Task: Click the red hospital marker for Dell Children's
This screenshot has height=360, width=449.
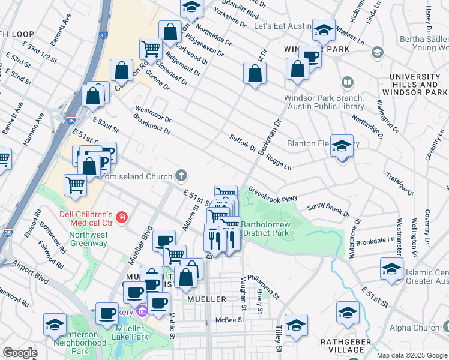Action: point(122,217)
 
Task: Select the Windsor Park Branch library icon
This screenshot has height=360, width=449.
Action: point(347,82)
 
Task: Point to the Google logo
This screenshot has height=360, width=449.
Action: point(20,353)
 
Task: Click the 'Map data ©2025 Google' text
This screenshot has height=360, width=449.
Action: point(411,355)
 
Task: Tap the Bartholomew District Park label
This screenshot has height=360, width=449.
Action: point(267,229)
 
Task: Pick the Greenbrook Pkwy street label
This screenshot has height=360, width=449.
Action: point(273,193)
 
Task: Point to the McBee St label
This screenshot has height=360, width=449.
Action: point(230,320)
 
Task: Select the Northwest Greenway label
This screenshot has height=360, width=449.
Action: point(88,239)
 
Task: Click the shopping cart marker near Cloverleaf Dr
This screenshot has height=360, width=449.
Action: point(150,48)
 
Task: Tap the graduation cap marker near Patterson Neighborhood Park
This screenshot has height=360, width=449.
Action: point(55,324)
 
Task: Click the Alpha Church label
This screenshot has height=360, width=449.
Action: point(414,328)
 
